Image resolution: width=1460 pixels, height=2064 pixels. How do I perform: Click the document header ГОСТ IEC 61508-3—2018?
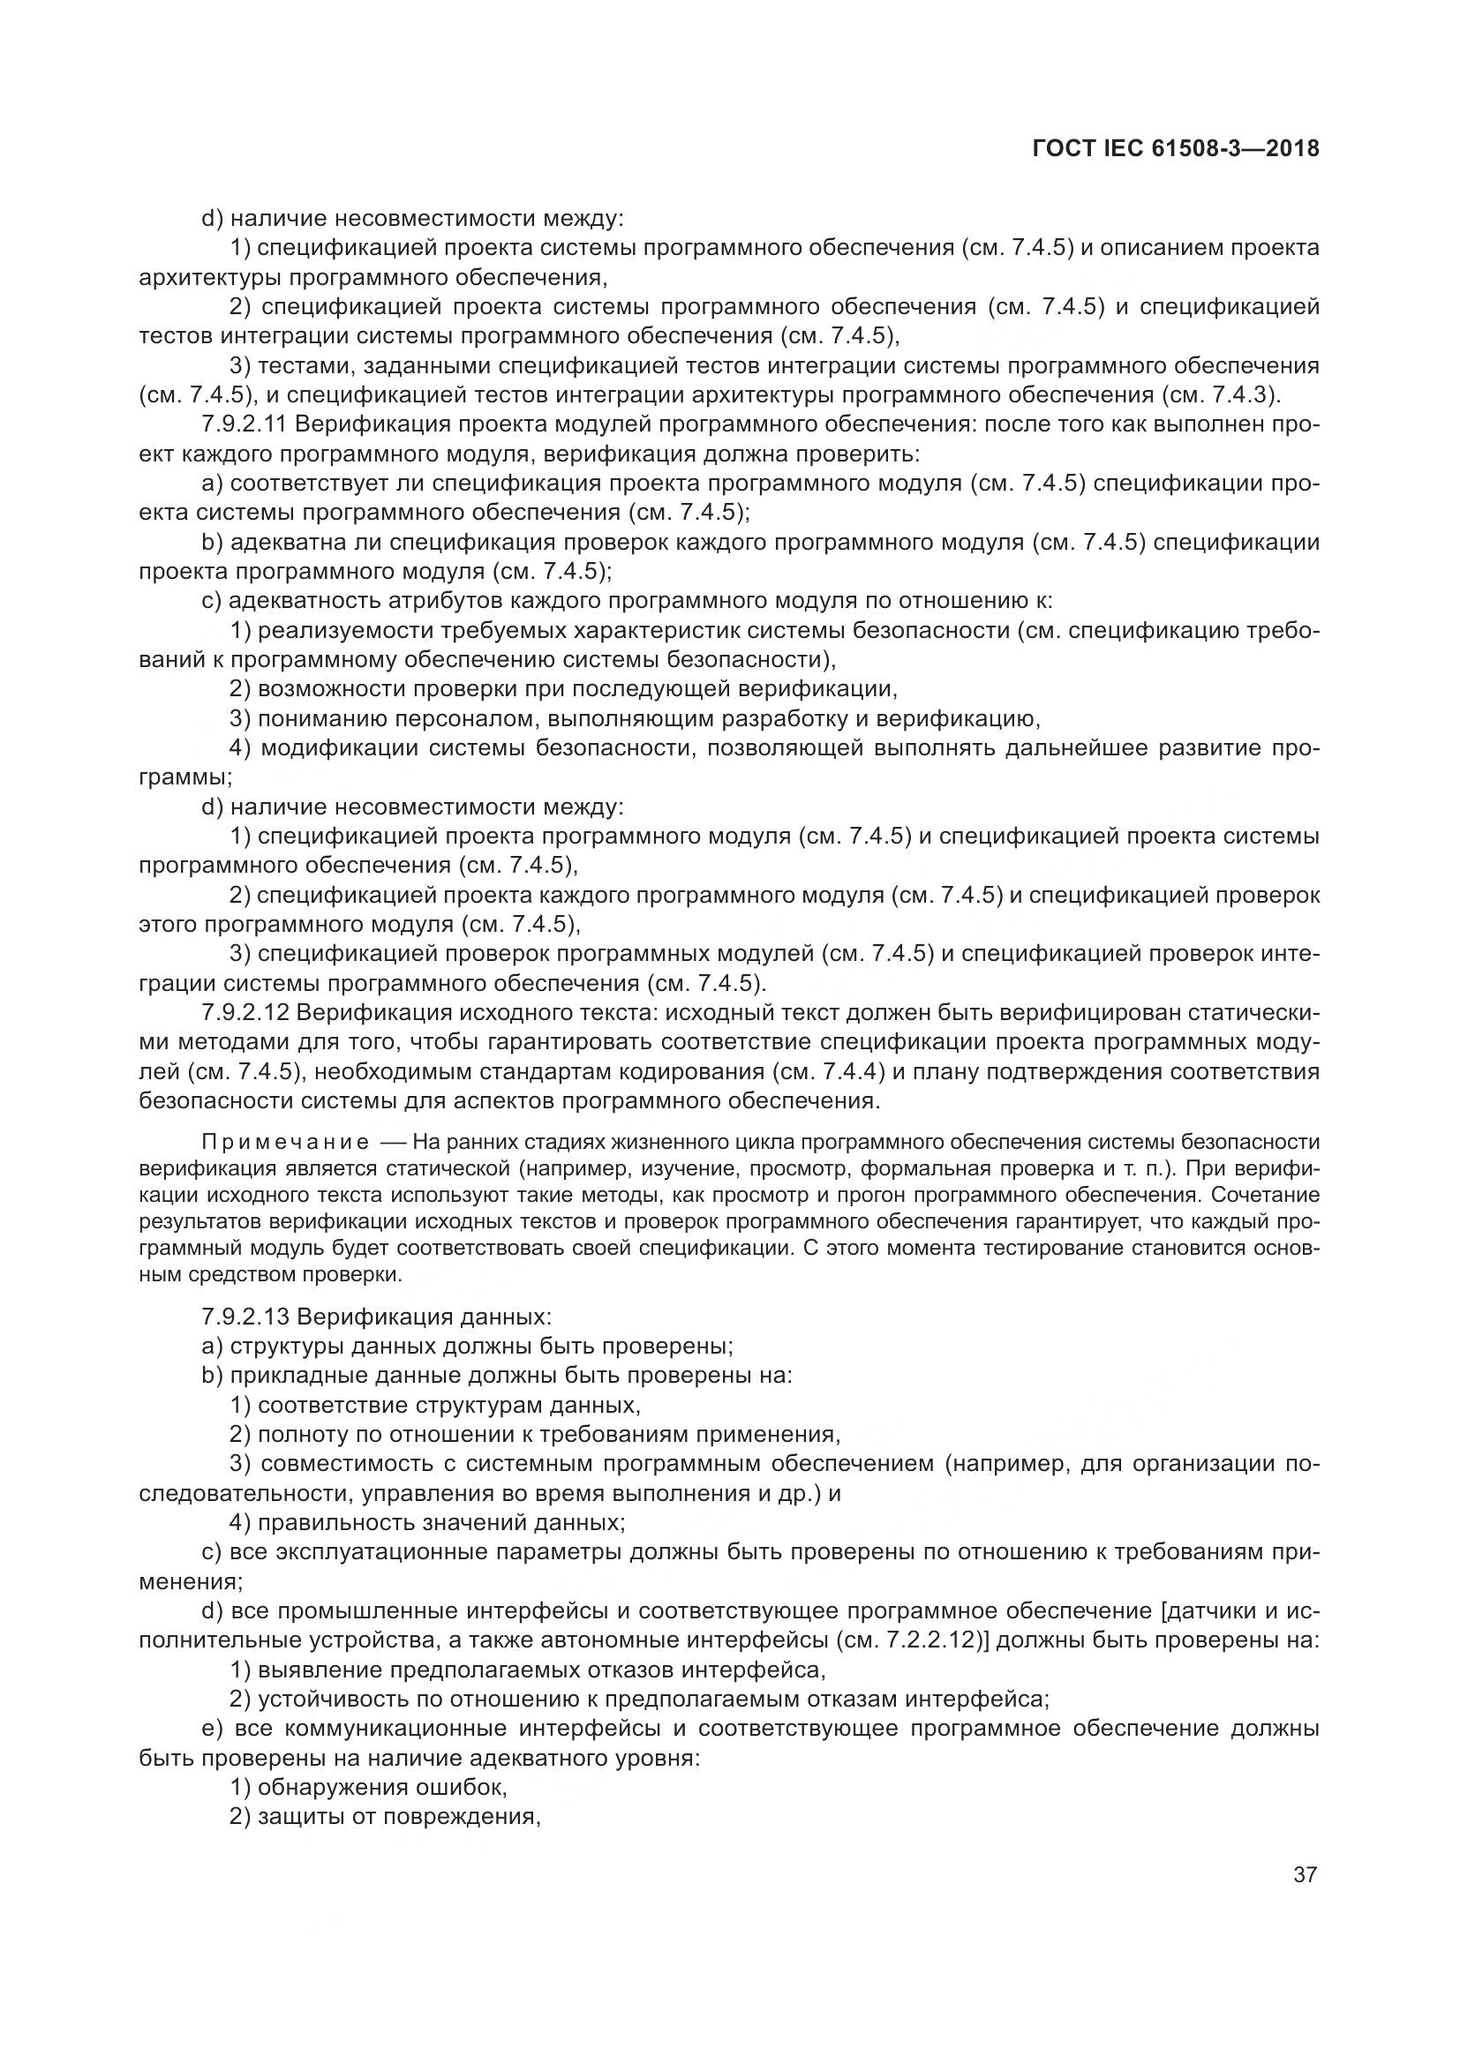click(x=1176, y=149)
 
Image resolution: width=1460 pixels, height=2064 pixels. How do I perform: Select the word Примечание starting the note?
click(x=285, y=1143)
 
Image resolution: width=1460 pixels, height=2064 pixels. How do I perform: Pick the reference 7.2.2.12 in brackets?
click(x=932, y=1640)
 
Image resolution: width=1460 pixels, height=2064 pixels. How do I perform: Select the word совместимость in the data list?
click(x=346, y=1463)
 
